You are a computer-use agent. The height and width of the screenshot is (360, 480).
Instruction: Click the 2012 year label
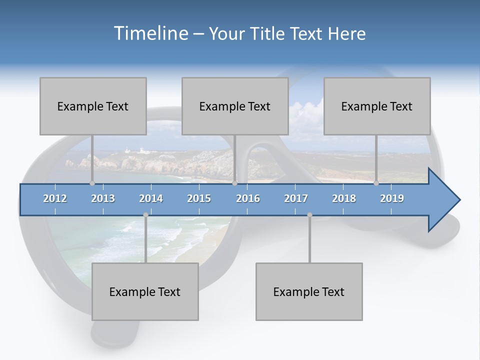pyautogui.click(x=55, y=198)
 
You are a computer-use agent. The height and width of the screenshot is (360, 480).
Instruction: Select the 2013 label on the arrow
pyautogui.click(x=103, y=198)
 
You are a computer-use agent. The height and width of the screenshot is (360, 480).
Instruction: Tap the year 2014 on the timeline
pyautogui.click(x=151, y=198)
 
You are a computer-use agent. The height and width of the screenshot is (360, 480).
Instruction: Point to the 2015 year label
pyautogui.click(x=199, y=198)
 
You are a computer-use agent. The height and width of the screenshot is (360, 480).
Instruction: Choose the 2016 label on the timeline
pyautogui.click(x=248, y=198)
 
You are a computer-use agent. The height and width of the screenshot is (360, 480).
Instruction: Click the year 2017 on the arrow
pyautogui.click(x=296, y=198)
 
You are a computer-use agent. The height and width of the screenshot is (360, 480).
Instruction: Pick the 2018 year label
pyautogui.click(x=344, y=198)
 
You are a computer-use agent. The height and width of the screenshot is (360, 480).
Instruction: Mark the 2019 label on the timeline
pyautogui.click(x=392, y=198)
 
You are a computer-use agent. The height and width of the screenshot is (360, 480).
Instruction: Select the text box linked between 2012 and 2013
pyautogui.click(x=93, y=106)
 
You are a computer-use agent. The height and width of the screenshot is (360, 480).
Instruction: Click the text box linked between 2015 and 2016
pyautogui.click(x=235, y=106)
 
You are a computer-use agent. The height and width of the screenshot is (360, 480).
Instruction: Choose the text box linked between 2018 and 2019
pyautogui.click(x=377, y=106)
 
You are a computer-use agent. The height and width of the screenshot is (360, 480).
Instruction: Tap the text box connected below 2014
pyautogui.click(x=145, y=291)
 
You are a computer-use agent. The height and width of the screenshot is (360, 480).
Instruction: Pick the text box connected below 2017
pyautogui.click(x=309, y=291)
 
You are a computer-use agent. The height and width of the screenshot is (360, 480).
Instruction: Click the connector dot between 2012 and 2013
pyautogui.click(x=92, y=183)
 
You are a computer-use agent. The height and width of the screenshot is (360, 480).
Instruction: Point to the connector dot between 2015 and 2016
pyautogui.click(x=234, y=183)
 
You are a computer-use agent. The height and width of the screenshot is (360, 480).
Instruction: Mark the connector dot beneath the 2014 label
pyautogui.click(x=145, y=215)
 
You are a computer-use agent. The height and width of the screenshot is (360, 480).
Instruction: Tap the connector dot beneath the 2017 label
pyautogui.click(x=309, y=215)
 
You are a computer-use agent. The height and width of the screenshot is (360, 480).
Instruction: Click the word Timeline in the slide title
pyautogui.click(x=150, y=33)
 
